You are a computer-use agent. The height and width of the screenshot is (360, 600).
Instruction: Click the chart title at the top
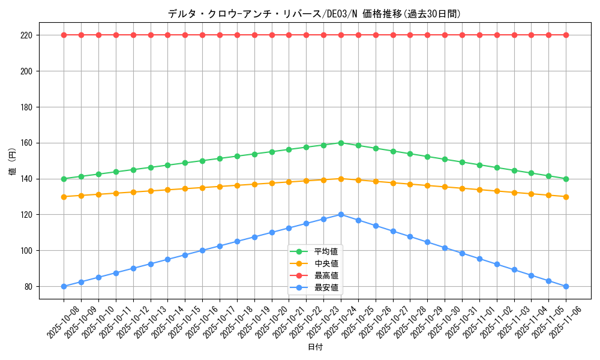pos(314,14)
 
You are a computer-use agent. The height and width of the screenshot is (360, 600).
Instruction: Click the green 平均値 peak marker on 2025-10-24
pos(341,143)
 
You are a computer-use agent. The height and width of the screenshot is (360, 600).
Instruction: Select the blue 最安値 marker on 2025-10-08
pos(64,286)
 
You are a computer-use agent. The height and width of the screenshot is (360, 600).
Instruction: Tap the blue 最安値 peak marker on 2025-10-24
pos(341,214)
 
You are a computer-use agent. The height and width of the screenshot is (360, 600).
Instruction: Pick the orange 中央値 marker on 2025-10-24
pos(341,179)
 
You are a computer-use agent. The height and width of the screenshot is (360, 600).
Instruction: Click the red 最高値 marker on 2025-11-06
pos(566,35)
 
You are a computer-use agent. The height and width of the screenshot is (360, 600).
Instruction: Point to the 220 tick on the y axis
pos(28,35)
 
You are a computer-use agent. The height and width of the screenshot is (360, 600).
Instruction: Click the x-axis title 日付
pos(314,347)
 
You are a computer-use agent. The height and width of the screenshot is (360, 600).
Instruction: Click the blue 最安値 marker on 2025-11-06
pos(566,286)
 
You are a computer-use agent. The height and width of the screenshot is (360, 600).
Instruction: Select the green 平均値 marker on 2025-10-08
pos(64,179)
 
